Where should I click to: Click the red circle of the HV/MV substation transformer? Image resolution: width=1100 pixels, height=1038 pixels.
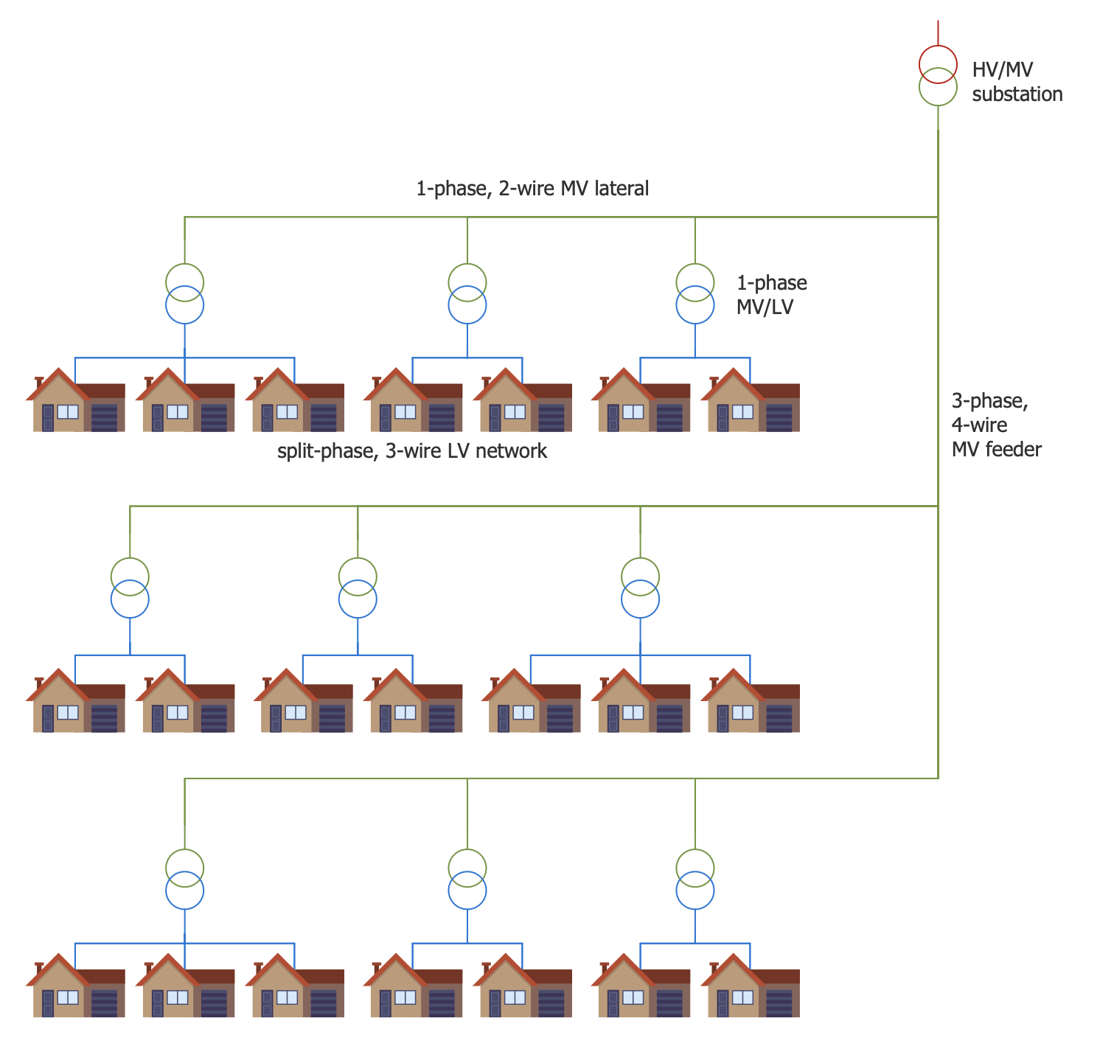(938, 46)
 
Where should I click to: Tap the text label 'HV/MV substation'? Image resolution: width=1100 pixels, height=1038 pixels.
(1017, 81)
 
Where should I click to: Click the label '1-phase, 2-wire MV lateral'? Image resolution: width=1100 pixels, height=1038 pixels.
(532, 188)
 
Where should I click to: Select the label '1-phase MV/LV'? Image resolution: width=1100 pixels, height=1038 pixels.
(771, 295)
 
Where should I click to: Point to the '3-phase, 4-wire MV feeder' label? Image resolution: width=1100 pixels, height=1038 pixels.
(996, 425)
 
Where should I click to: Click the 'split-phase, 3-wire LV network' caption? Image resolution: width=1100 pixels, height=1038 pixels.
(411, 451)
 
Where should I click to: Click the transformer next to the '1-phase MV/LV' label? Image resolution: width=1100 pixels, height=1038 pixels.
(695, 293)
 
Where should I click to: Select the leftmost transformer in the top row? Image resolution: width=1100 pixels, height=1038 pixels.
(184, 293)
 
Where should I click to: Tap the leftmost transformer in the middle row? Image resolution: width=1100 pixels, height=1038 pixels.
(130, 588)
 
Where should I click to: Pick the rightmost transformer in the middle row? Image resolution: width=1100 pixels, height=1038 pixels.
(640, 588)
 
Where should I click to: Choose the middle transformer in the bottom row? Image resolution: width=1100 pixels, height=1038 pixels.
(467, 879)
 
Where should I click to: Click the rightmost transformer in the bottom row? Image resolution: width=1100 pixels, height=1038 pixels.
(695, 879)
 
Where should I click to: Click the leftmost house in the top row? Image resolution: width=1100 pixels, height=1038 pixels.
(75, 400)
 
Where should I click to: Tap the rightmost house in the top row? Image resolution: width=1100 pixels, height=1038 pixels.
(750, 400)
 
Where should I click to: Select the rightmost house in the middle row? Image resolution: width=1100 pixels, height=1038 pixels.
(750, 700)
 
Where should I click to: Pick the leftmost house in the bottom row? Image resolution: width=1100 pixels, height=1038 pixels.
(75, 986)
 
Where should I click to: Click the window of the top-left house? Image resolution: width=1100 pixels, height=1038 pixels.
(68, 411)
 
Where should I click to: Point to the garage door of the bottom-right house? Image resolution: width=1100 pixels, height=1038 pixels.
(779, 1003)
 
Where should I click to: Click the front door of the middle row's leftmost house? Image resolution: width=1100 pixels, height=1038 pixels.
(48, 718)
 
